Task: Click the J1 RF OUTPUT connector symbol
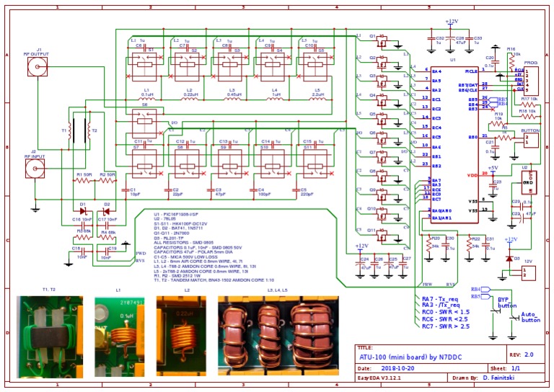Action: pyautogui.click(x=35, y=68)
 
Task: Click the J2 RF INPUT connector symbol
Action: pyautogui.click(x=35, y=169)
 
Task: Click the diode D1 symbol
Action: pyautogui.click(x=82, y=211)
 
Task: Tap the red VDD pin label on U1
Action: pyautogui.click(x=472, y=175)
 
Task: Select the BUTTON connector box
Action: pyautogui.click(x=531, y=138)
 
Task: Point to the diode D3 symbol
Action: pyautogui.click(x=509, y=258)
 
